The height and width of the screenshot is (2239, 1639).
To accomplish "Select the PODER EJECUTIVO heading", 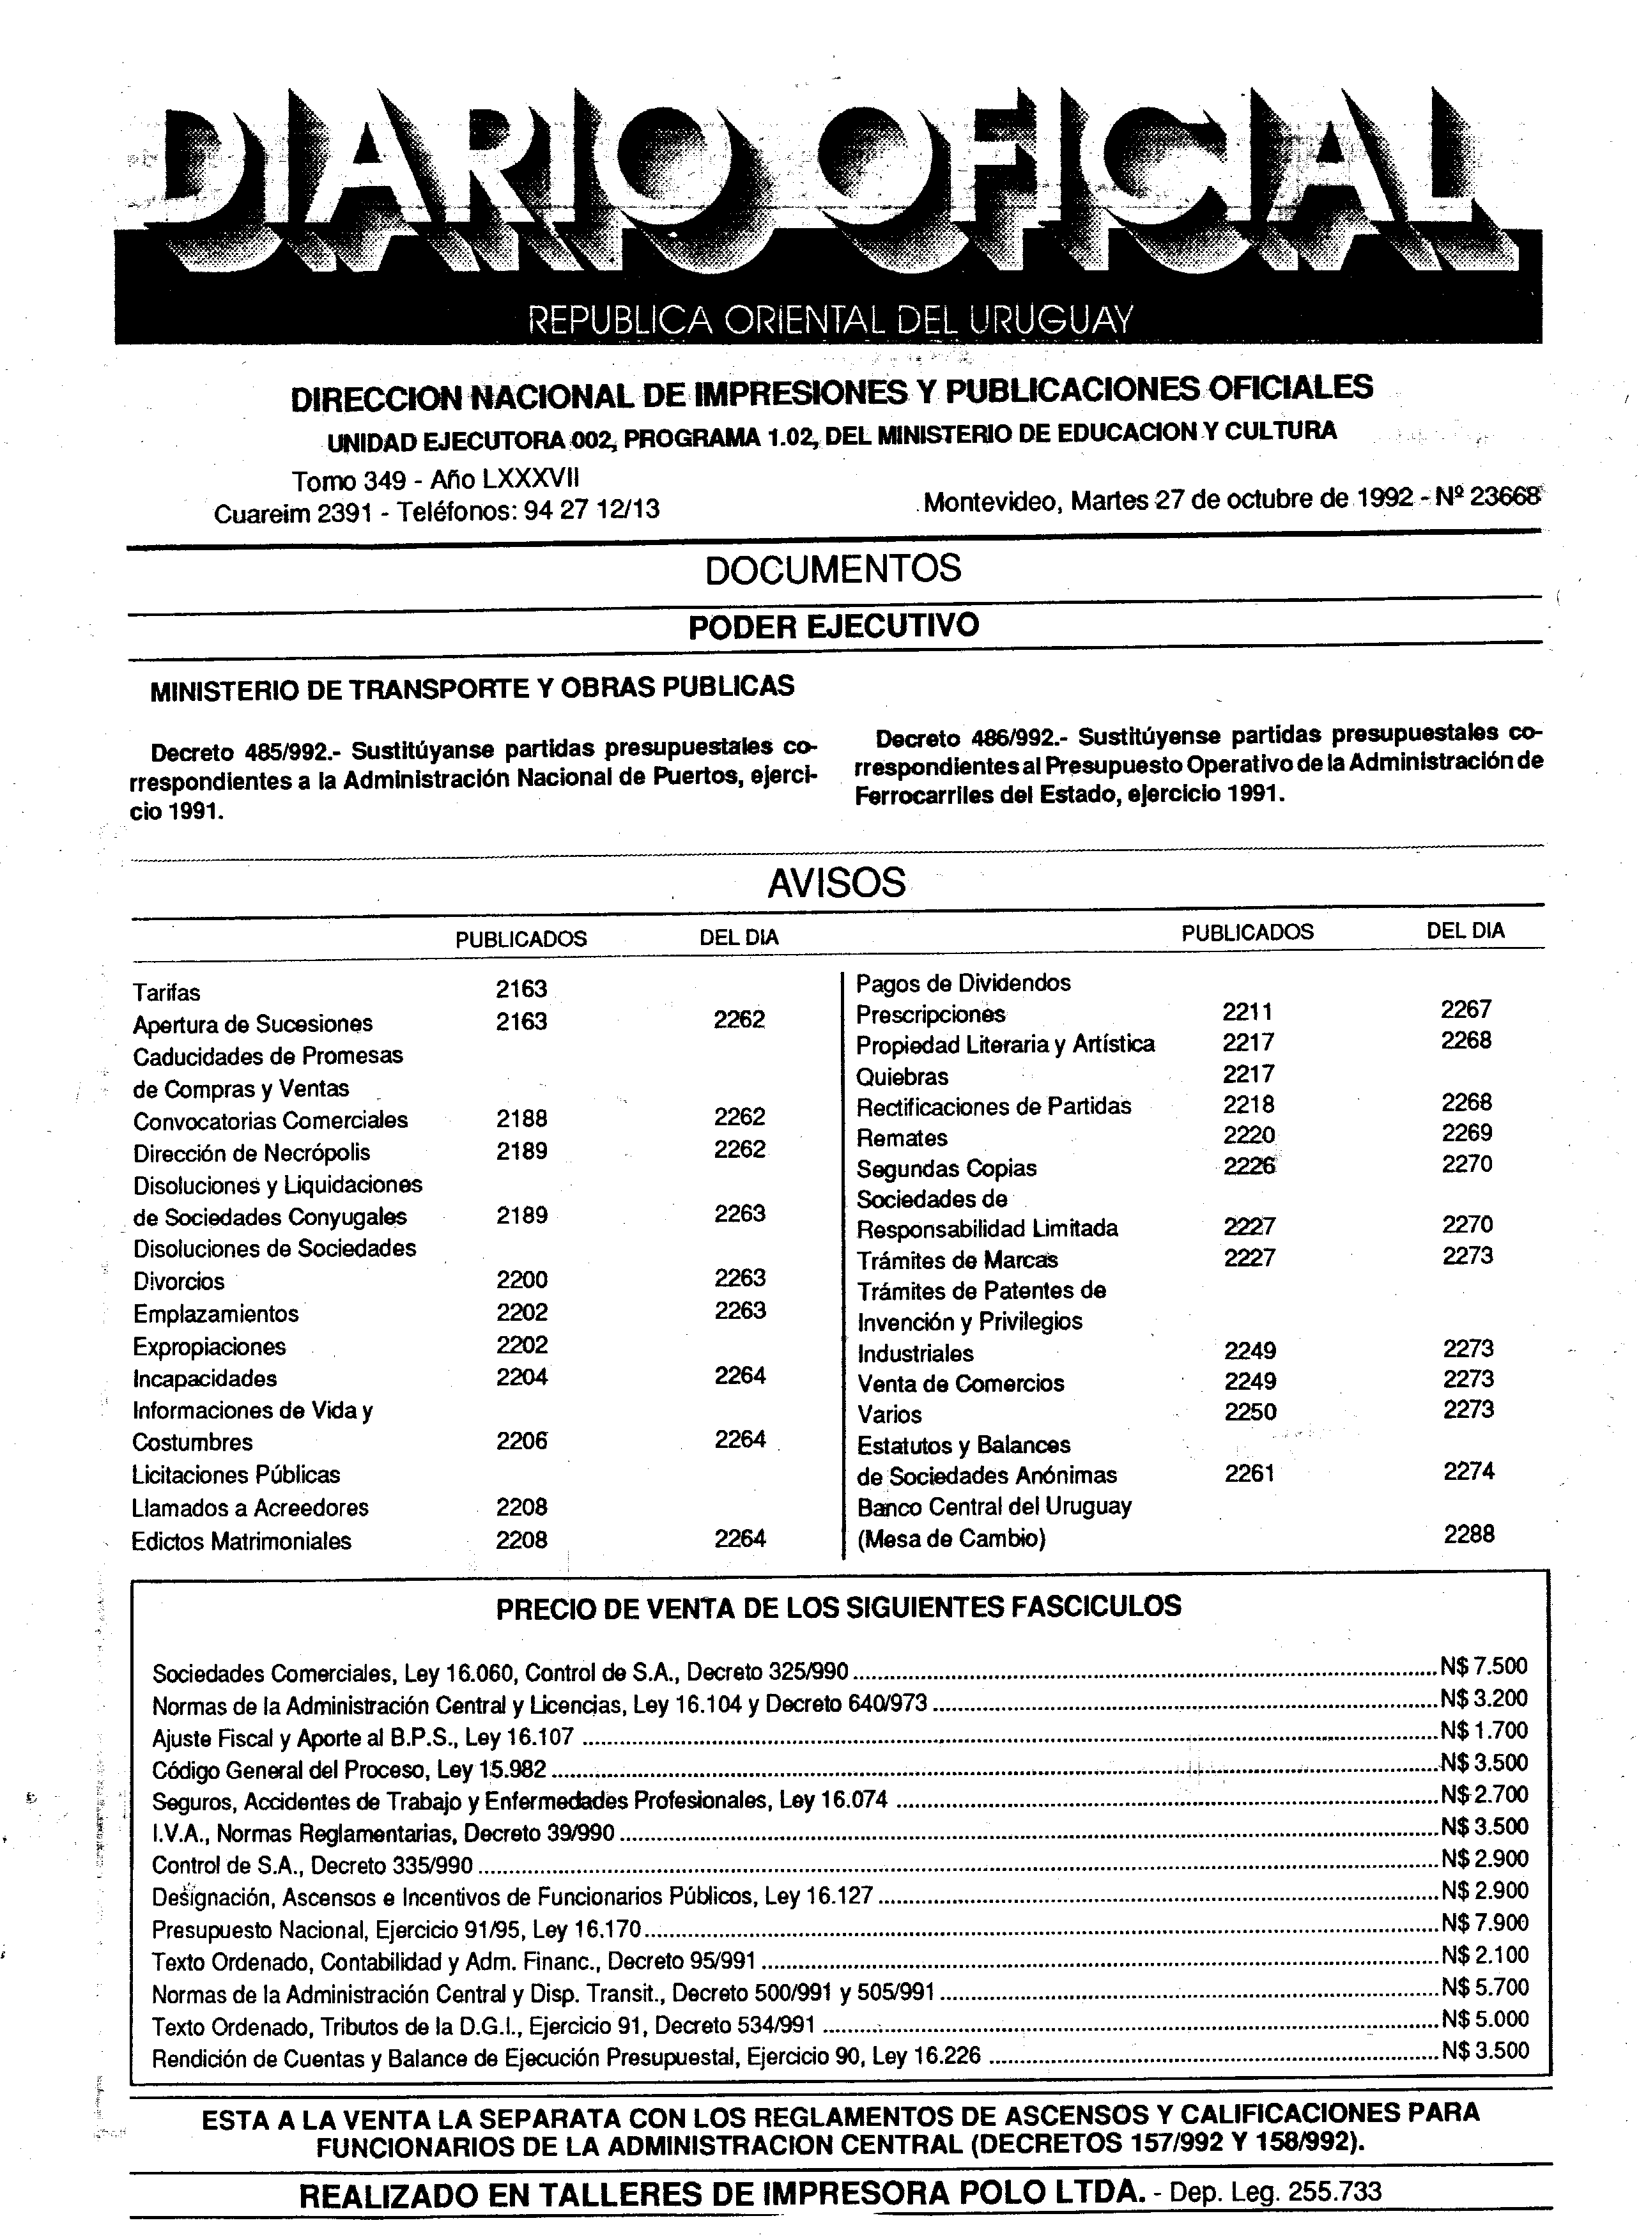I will (833, 626).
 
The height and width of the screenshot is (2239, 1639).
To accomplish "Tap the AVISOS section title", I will (836, 882).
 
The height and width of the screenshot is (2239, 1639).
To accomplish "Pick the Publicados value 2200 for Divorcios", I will (522, 1280).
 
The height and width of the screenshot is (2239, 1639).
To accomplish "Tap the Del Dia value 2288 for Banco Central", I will (1468, 1534).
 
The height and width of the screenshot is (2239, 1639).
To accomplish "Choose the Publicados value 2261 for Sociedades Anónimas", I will (1249, 1473).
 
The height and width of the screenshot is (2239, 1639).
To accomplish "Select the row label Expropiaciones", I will (210, 1346).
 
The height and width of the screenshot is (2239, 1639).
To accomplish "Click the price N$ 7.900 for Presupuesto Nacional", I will (1484, 1923).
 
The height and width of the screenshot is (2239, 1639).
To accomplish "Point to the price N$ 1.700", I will (1484, 1731).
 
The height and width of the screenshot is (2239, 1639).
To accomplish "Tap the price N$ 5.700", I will (1484, 1986).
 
